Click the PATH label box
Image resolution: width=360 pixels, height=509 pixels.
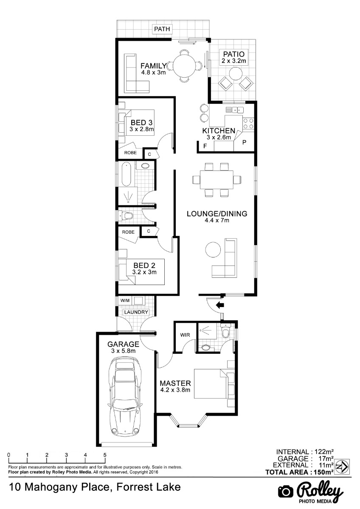[162, 29]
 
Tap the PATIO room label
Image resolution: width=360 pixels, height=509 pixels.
[234, 54]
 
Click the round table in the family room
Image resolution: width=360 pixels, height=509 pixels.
[184, 66]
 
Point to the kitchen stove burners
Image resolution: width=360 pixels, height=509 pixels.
[248, 123]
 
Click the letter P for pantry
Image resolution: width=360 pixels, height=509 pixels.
[245, 143]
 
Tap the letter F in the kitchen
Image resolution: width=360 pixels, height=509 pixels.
[205, 146]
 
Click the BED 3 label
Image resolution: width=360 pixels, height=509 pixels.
[141, 123]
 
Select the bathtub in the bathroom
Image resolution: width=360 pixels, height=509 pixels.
[127, 174]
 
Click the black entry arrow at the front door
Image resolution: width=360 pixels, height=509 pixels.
[219, 305]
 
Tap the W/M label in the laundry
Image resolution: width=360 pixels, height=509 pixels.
[125, 300]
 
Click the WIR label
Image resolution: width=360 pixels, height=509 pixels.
[185, 335]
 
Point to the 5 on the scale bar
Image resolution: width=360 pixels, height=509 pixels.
[105, 455]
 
